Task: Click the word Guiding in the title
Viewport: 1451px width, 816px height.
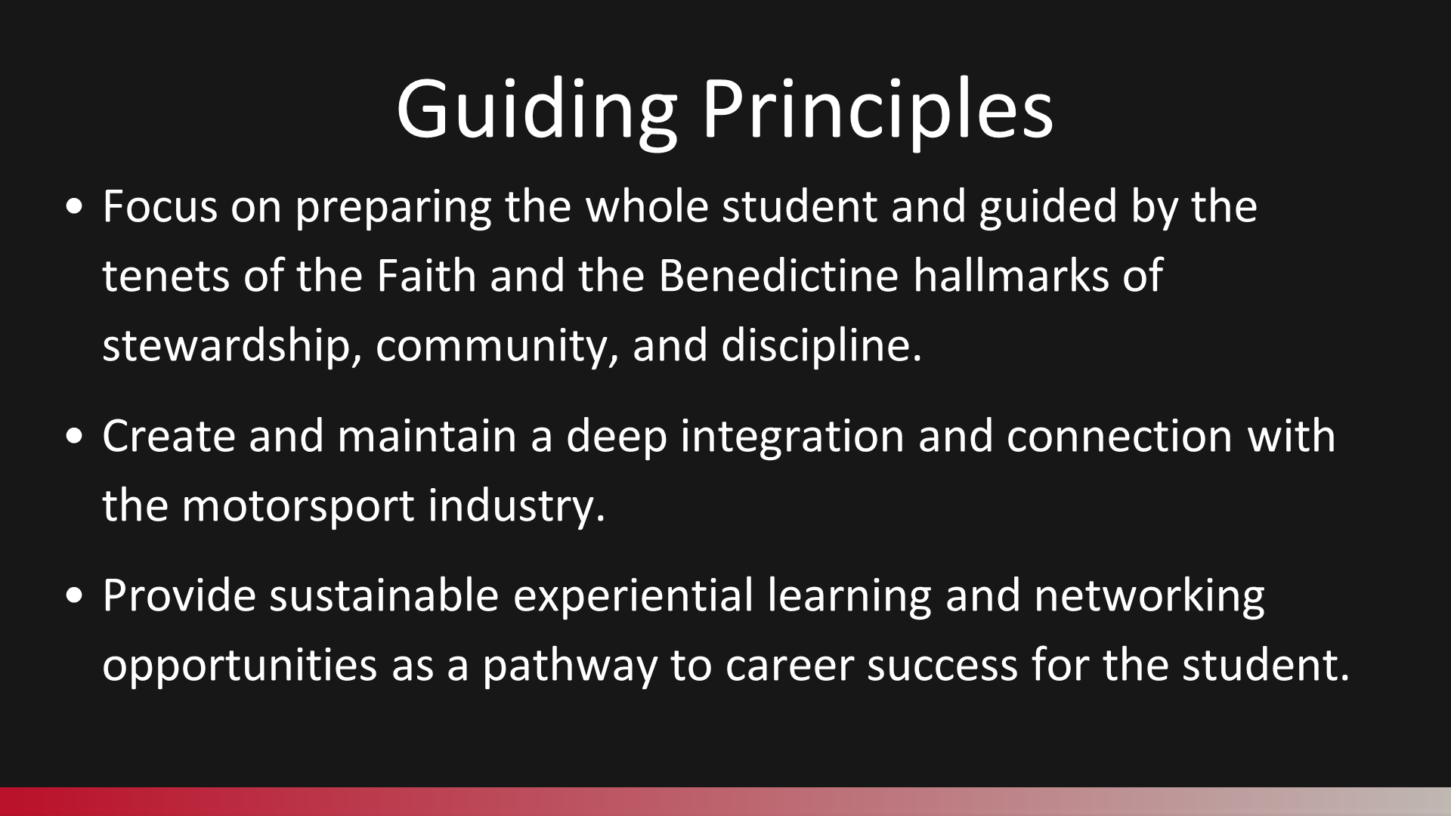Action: point(536,110)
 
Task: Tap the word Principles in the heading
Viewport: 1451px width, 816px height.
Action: point(877,110)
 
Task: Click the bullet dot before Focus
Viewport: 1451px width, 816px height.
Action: point(75,209)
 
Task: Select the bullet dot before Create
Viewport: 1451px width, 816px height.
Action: point(75,438)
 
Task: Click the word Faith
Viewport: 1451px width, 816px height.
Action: point(426,275)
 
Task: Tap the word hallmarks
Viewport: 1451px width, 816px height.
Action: point(1010,275)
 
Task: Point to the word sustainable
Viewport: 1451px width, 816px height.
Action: point(384,596)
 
